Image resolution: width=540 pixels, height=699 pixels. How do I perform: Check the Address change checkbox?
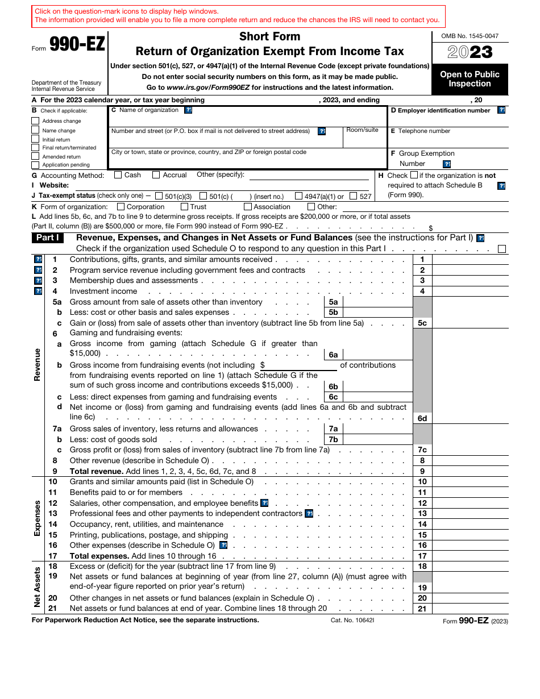35,121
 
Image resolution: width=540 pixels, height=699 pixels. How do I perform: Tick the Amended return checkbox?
35,156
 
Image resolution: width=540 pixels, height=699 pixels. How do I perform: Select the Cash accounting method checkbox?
118,175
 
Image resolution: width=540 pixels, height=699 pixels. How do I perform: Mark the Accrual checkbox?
157,175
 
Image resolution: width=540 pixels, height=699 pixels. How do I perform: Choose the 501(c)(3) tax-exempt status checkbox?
159,196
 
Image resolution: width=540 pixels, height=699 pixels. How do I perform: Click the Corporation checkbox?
121,207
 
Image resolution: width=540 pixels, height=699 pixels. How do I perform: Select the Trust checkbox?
185,207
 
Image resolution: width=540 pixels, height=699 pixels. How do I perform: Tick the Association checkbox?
248,207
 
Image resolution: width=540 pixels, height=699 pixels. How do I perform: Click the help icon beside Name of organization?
188,110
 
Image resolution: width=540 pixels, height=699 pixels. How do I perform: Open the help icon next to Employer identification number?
501,110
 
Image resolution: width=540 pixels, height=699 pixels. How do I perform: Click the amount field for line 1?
470,260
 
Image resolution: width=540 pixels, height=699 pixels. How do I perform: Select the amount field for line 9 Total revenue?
470,471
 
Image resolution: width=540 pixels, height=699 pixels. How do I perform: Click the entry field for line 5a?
377,302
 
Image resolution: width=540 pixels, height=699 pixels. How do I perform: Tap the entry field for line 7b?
377,439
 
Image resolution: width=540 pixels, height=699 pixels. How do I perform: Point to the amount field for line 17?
470,556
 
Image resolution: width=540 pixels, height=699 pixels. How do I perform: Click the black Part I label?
48,238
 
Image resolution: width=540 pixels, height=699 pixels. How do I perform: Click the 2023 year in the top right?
470,53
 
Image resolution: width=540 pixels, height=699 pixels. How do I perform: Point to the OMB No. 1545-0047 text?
470,36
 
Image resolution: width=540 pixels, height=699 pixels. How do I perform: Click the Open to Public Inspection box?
470,79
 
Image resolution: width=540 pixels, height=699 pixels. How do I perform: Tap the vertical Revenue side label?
38,364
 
